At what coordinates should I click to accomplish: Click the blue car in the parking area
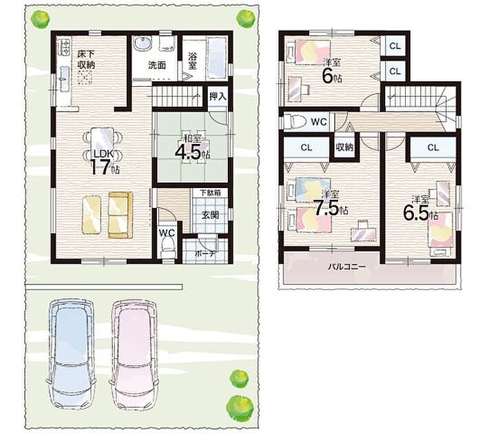tap(71, 355)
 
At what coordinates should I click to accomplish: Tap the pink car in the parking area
tap(134, 355)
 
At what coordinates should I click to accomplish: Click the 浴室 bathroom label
tap(192, 61)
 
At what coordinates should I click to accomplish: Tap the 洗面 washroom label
tap(157, 65)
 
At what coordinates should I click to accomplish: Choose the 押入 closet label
tap(218, 96)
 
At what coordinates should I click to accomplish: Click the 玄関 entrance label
tap(210, 215)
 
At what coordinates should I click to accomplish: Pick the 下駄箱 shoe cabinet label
tap(210, 192)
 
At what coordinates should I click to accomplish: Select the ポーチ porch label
tap(205, 254)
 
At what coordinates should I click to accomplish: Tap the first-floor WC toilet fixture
tap(168, 249)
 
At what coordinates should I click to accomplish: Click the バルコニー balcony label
tap(346, 267)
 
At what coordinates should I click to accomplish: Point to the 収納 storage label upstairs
tap(344, 147)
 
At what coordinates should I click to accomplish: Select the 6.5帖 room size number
tap(420, 214)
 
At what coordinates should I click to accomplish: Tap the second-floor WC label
tap(319, 122)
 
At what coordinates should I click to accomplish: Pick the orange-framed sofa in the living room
tap(121, 216)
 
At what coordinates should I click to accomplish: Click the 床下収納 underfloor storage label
tap(86, 59)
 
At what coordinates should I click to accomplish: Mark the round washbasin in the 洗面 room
tap(143, 43)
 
